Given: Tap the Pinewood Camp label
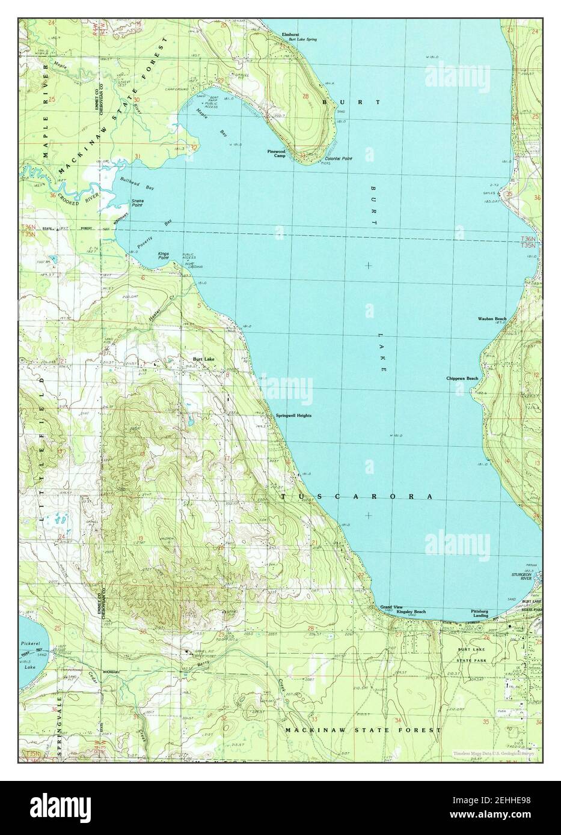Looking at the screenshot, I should click(277, 154).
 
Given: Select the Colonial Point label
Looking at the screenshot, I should click(339, 159).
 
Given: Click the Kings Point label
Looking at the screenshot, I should click(164, 256).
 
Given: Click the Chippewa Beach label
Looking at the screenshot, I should click(462, 378).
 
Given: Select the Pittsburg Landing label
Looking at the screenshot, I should click(480, 613).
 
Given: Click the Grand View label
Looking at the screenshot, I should click(391, 607).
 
